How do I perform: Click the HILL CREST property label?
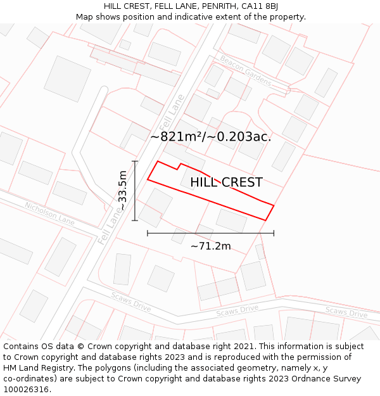pos(226,182)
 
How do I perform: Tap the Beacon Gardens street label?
pos(245,70)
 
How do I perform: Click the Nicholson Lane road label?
pos(49,214)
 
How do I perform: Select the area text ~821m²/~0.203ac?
pos(210,136)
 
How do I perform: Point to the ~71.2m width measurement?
pos(210,246)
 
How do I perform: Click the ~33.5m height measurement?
pos(123,191)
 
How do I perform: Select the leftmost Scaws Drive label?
pos(131,302)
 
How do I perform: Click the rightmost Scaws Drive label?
pos(346,312)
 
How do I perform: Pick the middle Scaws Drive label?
pos(237,310)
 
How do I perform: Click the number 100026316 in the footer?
pos(27,390)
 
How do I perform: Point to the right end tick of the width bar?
pos(274,233)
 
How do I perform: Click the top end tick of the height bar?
pos(135,162)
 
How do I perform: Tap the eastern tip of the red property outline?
pos(274,205)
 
